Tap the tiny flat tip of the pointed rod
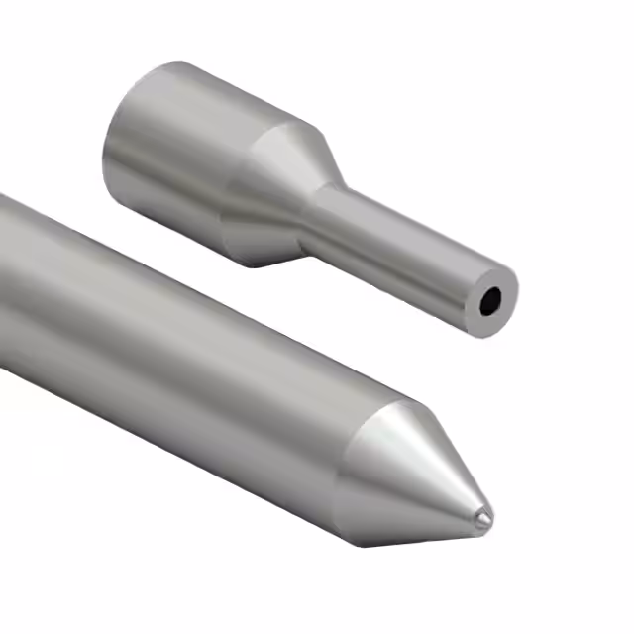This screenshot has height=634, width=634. [x=481, y=516]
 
